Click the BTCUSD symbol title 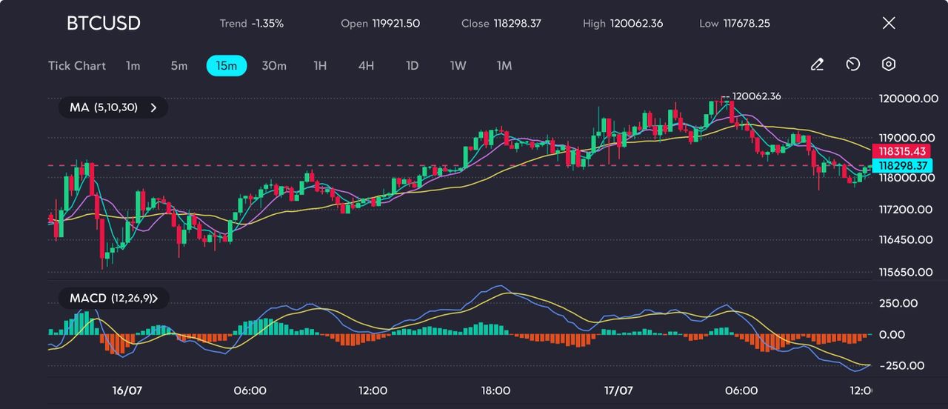103,23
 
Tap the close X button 889,23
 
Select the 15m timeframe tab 226,66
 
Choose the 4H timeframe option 366,66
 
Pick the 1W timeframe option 458,66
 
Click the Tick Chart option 77,66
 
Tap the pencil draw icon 817,65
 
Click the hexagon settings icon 889,65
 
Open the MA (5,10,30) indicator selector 113,107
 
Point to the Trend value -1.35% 267,24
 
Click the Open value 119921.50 395,24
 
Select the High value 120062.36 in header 636,24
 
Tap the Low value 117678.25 746,24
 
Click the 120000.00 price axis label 908,99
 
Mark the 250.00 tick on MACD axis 898,303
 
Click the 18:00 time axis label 495,390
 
